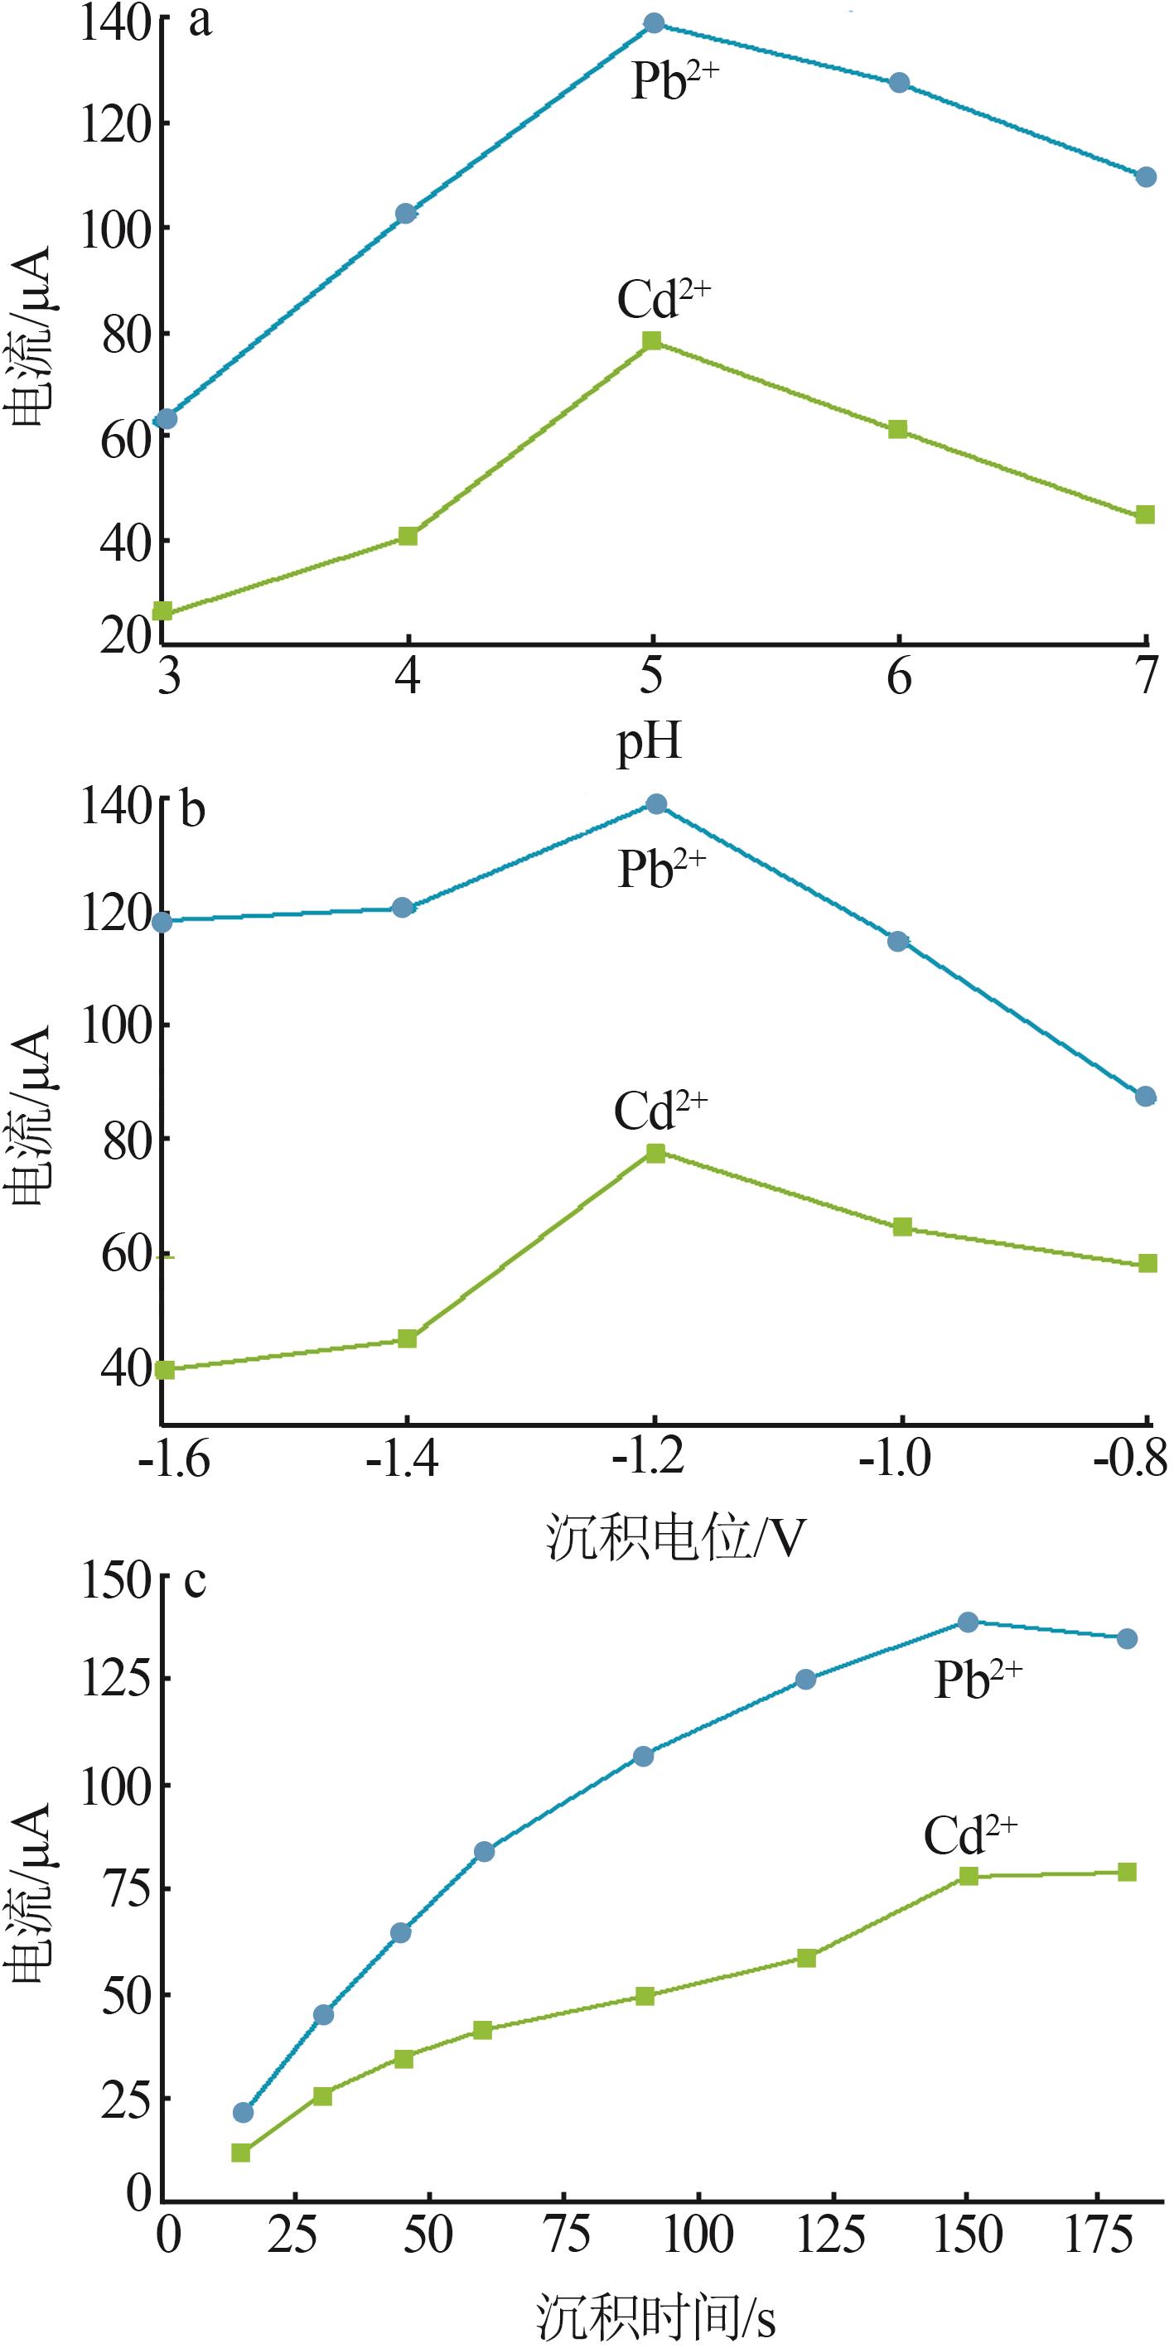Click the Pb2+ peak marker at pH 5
655,23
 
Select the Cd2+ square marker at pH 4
408,536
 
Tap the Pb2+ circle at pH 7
1146,177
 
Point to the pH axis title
649,743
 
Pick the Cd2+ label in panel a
663,298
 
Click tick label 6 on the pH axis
899,677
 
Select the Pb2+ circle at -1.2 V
655,804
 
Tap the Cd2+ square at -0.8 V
1147,1263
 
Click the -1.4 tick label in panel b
402,1460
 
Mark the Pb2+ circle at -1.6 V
162,922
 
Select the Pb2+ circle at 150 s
968,1622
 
